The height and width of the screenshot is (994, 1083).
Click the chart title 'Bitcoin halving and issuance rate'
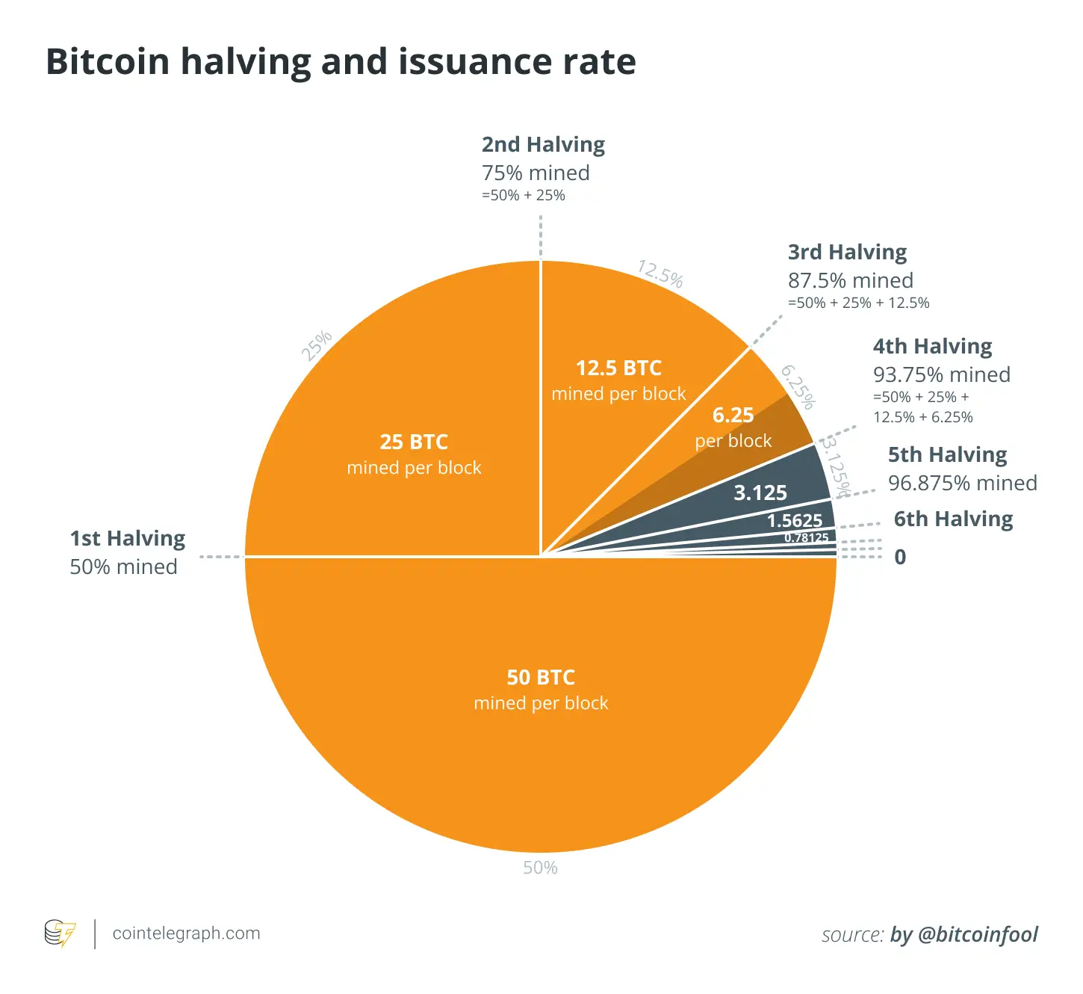341,61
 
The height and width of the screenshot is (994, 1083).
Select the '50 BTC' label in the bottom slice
541,677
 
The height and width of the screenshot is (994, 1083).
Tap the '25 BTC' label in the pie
414,442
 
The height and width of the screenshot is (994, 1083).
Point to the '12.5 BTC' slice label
618,368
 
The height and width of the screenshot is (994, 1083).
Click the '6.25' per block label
733,415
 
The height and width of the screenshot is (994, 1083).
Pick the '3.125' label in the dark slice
760,493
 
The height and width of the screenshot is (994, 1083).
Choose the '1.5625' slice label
795,520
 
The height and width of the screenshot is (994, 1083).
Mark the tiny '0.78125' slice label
806,537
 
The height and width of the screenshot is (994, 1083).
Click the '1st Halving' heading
128,538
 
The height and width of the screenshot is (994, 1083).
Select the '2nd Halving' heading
543,144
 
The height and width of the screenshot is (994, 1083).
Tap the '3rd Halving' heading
848,252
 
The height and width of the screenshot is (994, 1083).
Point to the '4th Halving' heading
933,346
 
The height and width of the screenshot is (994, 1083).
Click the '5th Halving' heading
948,454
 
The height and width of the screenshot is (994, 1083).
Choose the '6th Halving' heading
954,519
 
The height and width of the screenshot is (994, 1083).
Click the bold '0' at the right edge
900,557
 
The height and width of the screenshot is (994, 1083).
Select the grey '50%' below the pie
540,868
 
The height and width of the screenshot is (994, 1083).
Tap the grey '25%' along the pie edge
317,345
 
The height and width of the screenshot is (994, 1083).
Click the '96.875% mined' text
963,483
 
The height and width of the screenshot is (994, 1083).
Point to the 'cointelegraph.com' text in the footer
186,933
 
